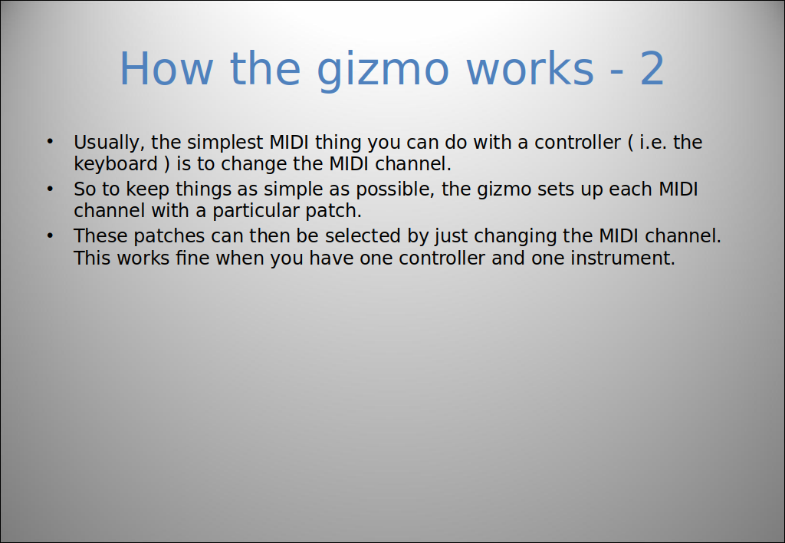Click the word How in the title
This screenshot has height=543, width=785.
pyautogui.click(x=166, y=68)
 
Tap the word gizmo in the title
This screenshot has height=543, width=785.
pyautogui.click(x=383, y=71)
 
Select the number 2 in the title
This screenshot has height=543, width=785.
pyautogui.click(x=652, y=68)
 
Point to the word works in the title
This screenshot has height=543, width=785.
pyautogui.click(x=530, y=68)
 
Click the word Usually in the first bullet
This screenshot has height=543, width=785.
pyautogui.click(x=109, y=143)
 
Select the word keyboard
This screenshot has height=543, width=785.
pyautogui.click(x=116, y=164)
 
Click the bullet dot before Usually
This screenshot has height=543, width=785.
pyautogui.click(x=50, y=142)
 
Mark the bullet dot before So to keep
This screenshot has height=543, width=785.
pyautogui.click(x=50, y=189)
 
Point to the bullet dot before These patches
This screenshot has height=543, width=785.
pyautogui.click(x=50, y=235)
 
